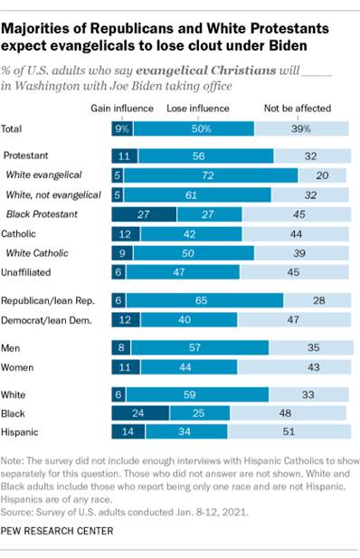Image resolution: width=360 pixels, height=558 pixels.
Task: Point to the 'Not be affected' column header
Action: click(293, 109)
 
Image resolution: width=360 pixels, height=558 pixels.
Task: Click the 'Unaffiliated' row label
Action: click(31, 271)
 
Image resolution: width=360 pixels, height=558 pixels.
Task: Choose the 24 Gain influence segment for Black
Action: click(140, 413)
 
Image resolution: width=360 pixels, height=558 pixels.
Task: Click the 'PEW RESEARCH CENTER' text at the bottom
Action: click(61, 531)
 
